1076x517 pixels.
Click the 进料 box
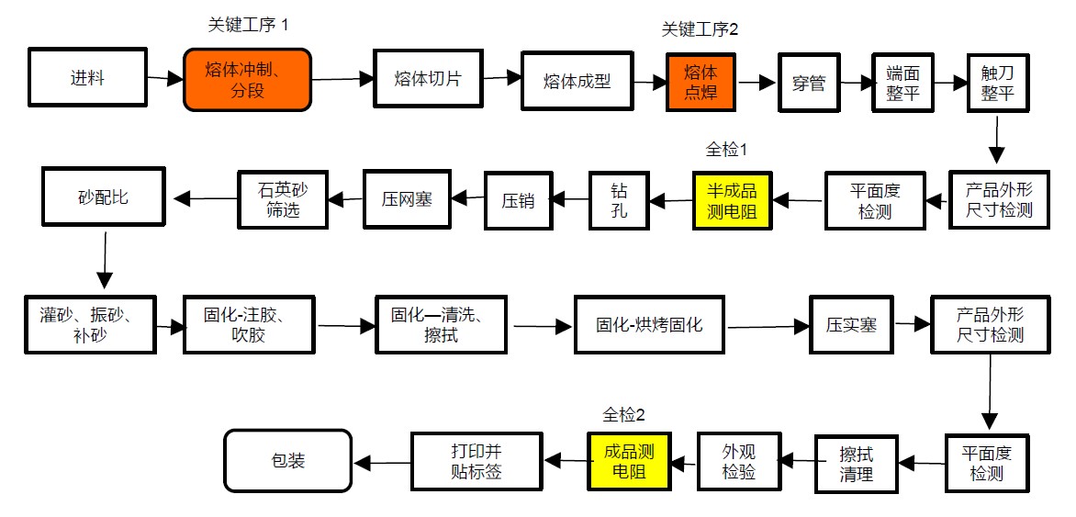pos(87,78)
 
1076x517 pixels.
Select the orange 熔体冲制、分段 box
pos(247,80)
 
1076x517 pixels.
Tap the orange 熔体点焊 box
pos(701,81)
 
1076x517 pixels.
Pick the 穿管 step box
pos(809,84)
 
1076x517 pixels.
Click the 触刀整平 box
pos(997,83)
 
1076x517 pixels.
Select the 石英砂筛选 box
pos(282,199)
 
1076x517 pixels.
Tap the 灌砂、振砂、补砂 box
pos(91,324)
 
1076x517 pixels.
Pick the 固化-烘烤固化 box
pos(649,324)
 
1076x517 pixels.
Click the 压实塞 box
pos(850,324)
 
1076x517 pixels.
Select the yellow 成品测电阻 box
pos(629,461)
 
